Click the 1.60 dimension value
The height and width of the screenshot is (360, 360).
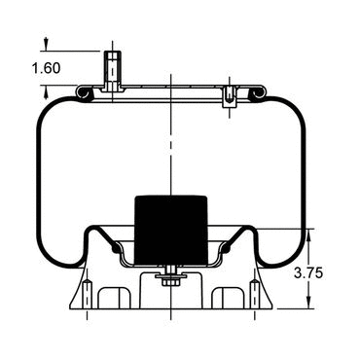coord(46,68)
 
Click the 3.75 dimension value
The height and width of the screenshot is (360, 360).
coord(308,273)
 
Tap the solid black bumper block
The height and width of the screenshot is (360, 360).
coord(171,230)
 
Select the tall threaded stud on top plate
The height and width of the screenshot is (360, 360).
coord(113,71)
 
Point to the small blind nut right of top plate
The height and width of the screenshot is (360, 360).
coord(230,96)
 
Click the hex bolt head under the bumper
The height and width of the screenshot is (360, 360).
coord(170,282)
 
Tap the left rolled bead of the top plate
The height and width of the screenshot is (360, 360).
coord(84,91)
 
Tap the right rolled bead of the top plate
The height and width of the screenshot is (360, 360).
coord(258,91)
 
